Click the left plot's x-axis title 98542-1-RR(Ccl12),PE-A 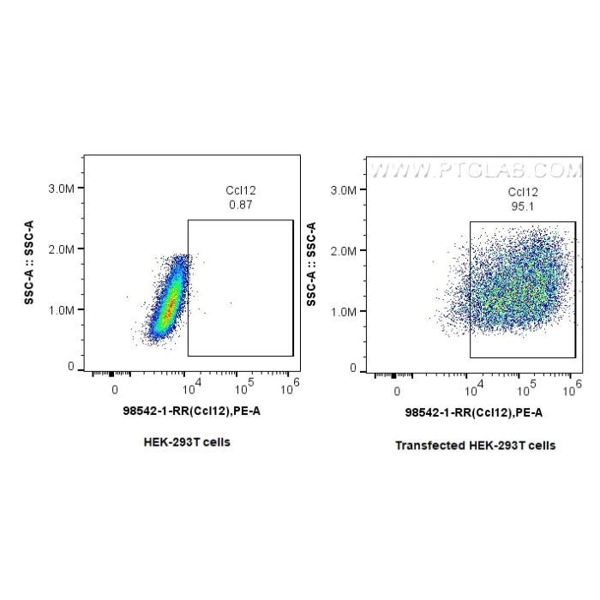click(x=191, y=411)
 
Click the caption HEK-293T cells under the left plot click(x=187, y=443)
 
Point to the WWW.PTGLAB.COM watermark click(x=476, y=171)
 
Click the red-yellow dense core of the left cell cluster click(x=171, y=303)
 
